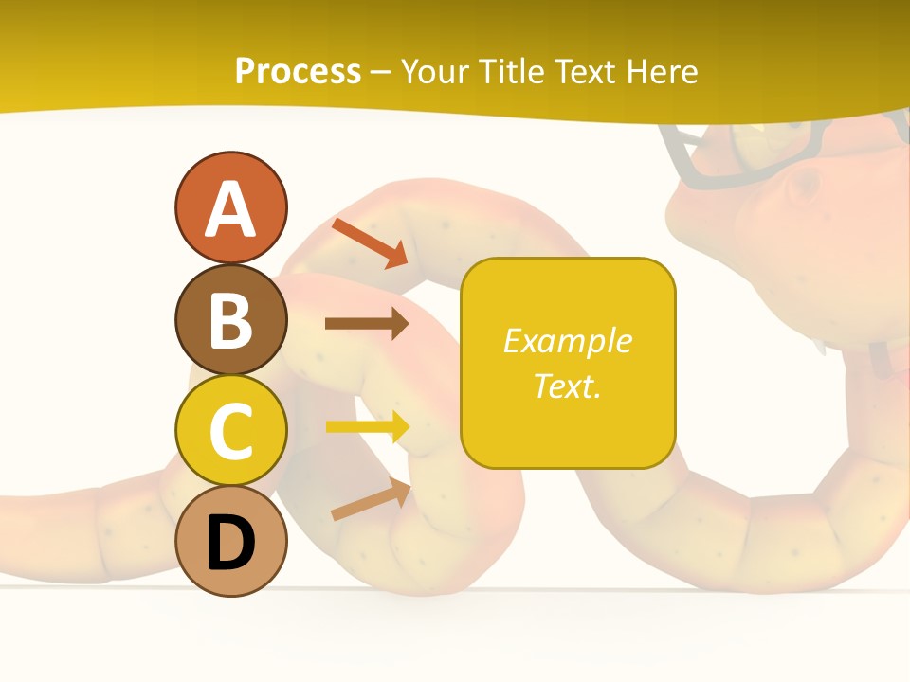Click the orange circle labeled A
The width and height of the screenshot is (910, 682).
(230, 207)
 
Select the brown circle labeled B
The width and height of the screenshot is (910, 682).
(230, 319)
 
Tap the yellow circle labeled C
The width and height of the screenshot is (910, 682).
(230, 430)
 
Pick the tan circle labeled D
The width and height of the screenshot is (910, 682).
(230, 541)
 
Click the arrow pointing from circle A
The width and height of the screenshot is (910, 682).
(370, 242)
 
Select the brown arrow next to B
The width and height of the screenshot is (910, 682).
(366, 324)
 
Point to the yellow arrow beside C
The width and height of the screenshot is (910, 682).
(368, 427)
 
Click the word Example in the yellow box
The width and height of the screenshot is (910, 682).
(567, 341)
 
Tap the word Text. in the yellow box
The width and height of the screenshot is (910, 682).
(567, 386)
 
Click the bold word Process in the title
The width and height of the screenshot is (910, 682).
(298, 71)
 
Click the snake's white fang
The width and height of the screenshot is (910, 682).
(821, 347)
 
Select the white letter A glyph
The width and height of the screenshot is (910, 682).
(230, 208)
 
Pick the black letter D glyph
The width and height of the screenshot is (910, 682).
(230, 543)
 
